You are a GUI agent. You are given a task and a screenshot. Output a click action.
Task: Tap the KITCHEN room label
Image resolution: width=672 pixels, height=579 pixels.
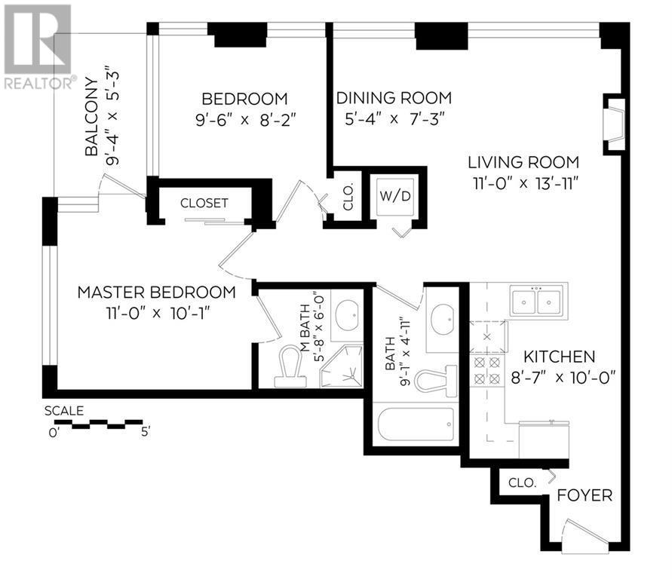560,357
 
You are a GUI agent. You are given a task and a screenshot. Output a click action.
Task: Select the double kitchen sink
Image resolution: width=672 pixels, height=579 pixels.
535,301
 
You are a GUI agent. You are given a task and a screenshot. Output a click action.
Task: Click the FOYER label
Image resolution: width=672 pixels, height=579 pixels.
585,496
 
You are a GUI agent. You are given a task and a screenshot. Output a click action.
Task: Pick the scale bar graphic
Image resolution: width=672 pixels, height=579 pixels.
96,424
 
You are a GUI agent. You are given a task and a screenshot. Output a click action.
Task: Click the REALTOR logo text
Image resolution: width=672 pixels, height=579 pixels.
38,83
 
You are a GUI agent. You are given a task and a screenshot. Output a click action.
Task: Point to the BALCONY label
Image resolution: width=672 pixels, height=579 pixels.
91,117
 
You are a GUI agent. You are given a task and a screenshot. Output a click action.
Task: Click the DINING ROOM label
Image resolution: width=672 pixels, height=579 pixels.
393,98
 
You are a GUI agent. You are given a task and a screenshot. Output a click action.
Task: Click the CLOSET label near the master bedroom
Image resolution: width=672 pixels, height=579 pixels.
204,203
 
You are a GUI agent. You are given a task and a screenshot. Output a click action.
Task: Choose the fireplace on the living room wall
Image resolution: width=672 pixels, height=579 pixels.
615,123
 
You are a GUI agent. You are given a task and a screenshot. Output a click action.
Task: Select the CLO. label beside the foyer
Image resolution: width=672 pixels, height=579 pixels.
521,483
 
